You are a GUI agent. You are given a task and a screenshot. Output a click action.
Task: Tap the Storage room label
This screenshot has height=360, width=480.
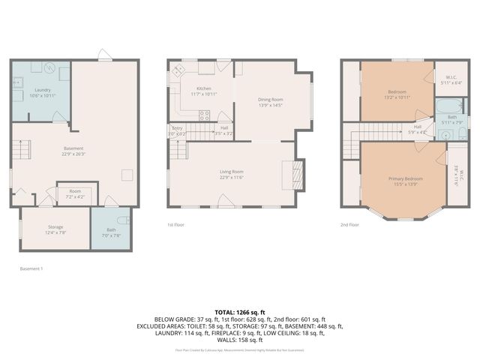56,226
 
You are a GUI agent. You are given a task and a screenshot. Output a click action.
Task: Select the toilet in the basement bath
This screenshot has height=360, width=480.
125,220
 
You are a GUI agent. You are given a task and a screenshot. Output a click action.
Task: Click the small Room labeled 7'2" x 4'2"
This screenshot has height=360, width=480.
75,192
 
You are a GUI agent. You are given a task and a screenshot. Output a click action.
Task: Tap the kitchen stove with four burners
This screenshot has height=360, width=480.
203,115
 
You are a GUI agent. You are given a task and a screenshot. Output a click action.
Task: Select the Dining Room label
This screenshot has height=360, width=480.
270,100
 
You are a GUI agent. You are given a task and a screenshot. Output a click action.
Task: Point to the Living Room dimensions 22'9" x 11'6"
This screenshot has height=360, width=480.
231,178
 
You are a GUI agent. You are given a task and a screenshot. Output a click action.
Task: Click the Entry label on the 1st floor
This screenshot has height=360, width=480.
177,128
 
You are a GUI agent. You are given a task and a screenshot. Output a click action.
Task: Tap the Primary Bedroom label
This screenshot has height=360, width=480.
405,178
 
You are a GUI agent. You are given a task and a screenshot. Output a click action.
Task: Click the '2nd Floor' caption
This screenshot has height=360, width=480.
349,224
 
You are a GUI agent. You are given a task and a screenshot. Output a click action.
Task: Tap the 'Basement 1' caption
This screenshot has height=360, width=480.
31,268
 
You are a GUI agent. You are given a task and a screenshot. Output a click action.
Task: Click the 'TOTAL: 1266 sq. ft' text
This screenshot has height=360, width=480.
240,311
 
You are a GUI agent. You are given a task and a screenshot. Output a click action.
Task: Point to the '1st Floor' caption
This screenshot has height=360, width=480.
176,224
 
